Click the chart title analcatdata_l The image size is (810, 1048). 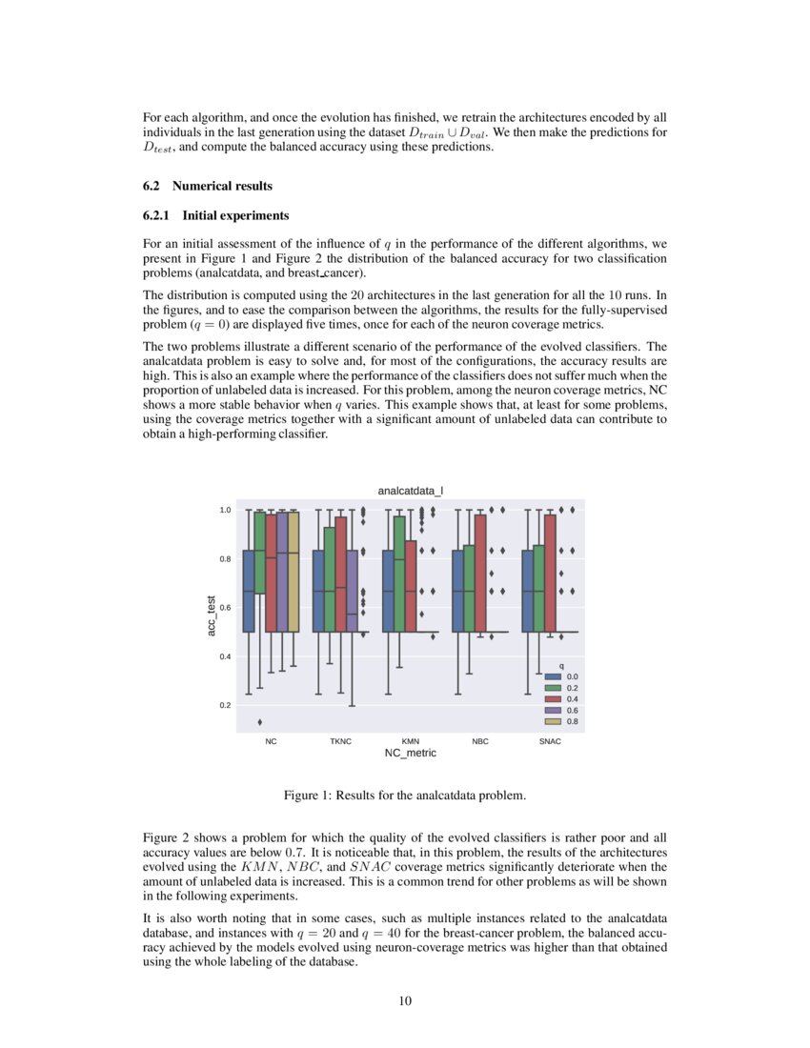tap(410, 491)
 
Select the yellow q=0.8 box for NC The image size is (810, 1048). tap(294, 572)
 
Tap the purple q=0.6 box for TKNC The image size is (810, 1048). tap(352, 591)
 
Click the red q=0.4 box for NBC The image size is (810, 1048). tap(480, 573)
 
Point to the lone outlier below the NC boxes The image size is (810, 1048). tap(260, 721)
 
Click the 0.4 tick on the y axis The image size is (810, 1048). tap(225, 656)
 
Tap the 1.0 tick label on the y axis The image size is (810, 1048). tap(225, 511)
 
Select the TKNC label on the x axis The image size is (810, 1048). tap(340, 740)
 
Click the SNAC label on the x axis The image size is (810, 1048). tap(550, 740)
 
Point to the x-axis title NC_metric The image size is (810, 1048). tap(410, 753)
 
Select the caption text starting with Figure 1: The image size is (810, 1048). tap(404, 794)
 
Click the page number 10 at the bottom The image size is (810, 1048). tap(405, 999)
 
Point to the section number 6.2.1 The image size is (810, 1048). tap(157, 215)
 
